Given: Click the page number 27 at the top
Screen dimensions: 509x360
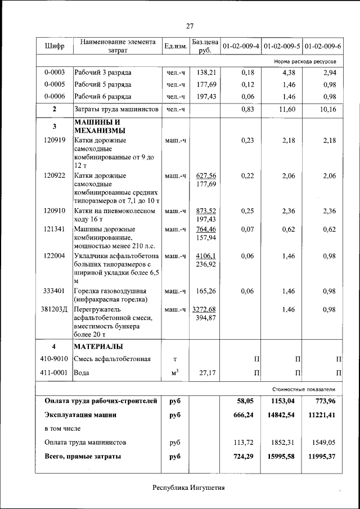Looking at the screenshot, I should (190, 26).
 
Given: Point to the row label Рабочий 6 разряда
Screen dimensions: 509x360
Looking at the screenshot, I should (103, 96).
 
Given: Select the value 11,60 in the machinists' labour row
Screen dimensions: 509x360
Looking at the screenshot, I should (286, 109).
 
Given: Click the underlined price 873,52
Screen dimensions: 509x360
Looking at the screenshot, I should (205, 211).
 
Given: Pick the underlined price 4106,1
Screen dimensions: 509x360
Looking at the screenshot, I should (205, 256).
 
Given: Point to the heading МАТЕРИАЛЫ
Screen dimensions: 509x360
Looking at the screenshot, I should (99, 346).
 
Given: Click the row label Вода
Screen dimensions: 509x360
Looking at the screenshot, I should (82, 372).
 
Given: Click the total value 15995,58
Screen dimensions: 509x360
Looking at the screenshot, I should (281, 456).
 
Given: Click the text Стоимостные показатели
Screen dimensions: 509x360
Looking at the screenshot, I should (303, 389).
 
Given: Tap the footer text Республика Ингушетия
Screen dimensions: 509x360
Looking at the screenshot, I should (188, 488).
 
